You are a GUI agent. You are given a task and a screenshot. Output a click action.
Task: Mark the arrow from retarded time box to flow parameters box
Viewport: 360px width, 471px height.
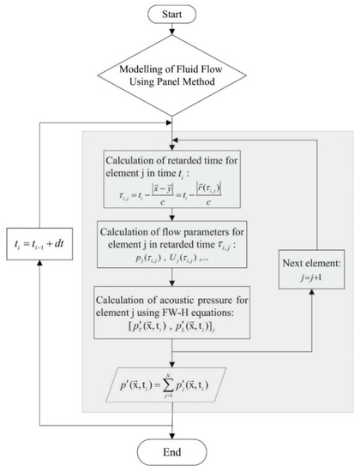coord(174,212)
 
